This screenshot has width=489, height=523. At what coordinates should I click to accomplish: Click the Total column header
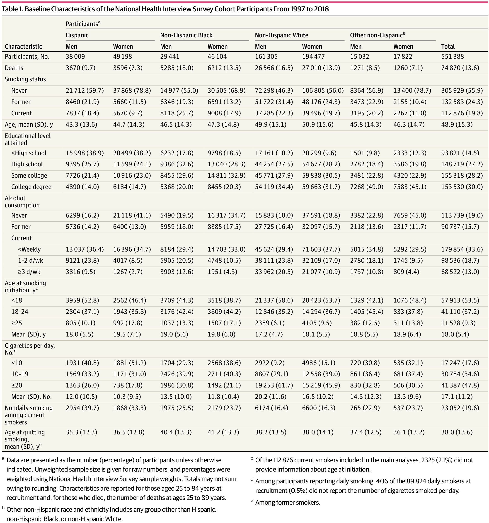448,46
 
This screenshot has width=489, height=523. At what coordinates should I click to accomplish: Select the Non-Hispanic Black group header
186,35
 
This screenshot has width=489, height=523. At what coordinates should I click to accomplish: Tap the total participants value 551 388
453,57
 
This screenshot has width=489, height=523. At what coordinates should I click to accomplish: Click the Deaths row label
14,68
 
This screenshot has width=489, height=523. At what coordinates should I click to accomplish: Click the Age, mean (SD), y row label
29,124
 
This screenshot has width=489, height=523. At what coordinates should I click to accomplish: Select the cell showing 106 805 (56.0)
323,90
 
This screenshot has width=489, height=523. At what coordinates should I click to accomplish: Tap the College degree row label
31,187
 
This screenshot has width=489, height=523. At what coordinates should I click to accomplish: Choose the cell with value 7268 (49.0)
366,187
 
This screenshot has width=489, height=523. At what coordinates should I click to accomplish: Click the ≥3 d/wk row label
29,272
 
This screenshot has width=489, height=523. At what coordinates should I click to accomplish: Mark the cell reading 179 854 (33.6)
462,249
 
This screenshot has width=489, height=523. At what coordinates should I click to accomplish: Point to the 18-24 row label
20,312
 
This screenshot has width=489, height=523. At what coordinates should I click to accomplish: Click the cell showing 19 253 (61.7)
274,385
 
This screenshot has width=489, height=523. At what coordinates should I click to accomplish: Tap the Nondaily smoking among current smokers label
29,415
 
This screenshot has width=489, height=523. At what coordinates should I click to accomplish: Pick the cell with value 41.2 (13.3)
223,432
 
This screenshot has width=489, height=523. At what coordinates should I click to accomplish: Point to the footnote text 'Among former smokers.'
288,502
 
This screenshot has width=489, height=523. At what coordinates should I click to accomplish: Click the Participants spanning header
82,24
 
